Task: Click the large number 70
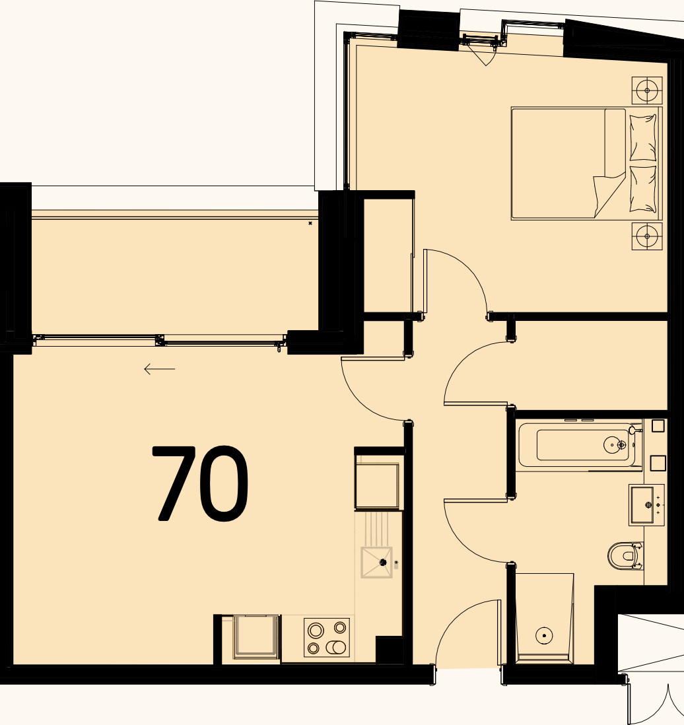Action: click(201, 483)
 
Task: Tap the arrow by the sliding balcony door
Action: click(160, 369)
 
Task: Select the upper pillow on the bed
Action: click(643, 137)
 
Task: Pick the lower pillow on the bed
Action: click(643, 189)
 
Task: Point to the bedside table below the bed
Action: click(647, 236)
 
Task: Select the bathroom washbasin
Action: click(647, 505)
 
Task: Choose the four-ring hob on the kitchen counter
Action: click(327, 637)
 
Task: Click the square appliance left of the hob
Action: click(256, 637)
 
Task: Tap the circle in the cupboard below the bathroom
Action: click(543, 635)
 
